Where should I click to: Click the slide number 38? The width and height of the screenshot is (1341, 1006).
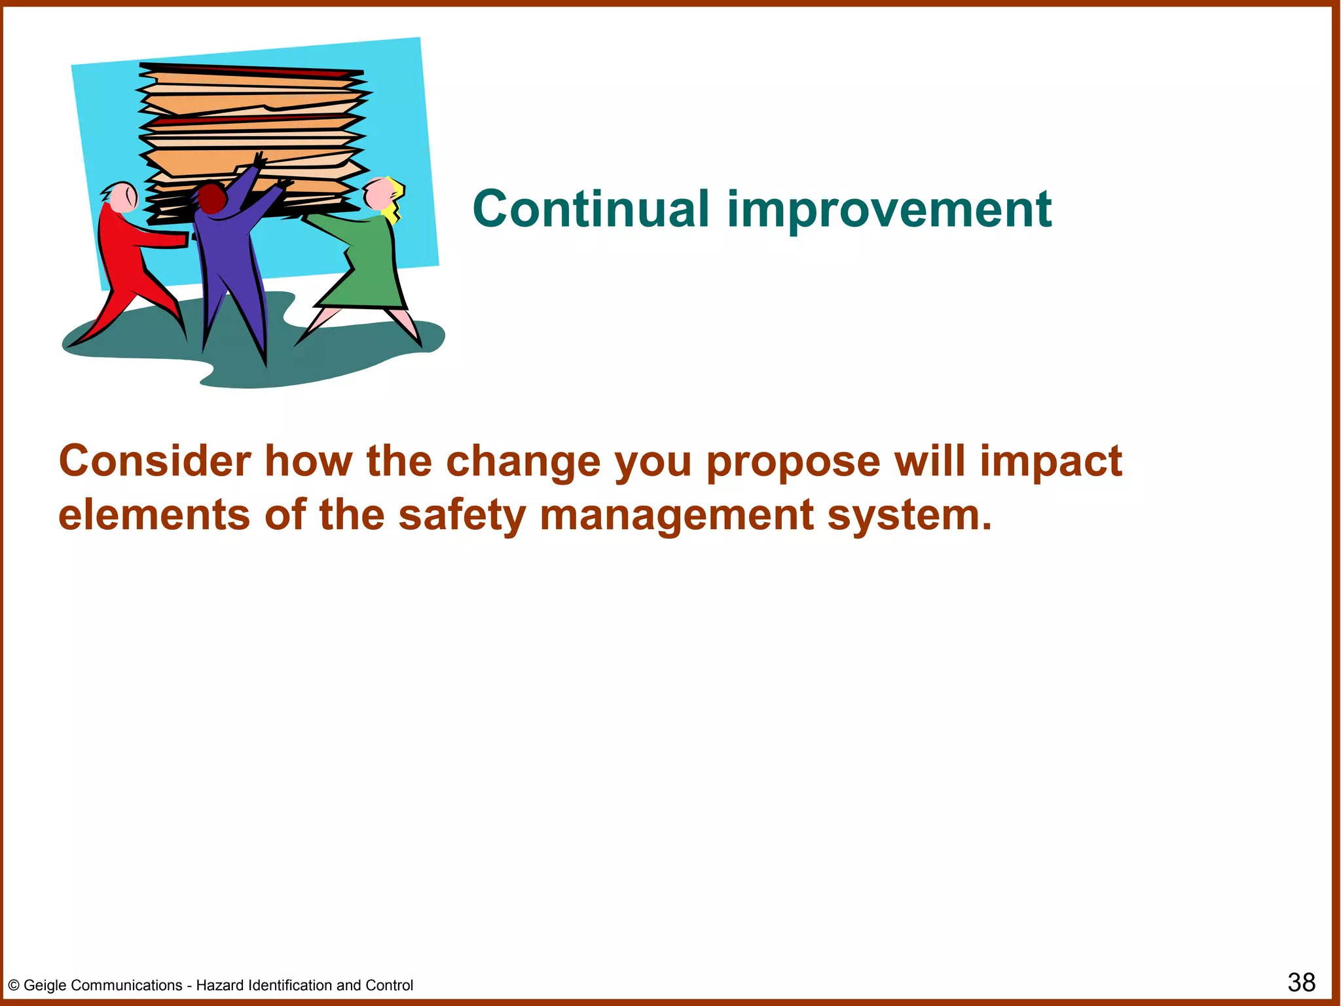pos(1300,982)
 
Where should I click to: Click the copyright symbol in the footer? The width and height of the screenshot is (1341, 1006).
pos(14,986)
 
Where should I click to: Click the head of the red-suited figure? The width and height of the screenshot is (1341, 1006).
pos(122,197)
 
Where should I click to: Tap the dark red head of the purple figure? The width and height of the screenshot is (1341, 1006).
pos(211,198)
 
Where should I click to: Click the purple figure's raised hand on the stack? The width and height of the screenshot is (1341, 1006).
pos(259,160)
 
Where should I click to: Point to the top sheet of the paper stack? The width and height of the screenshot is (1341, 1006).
pos(252,69)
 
